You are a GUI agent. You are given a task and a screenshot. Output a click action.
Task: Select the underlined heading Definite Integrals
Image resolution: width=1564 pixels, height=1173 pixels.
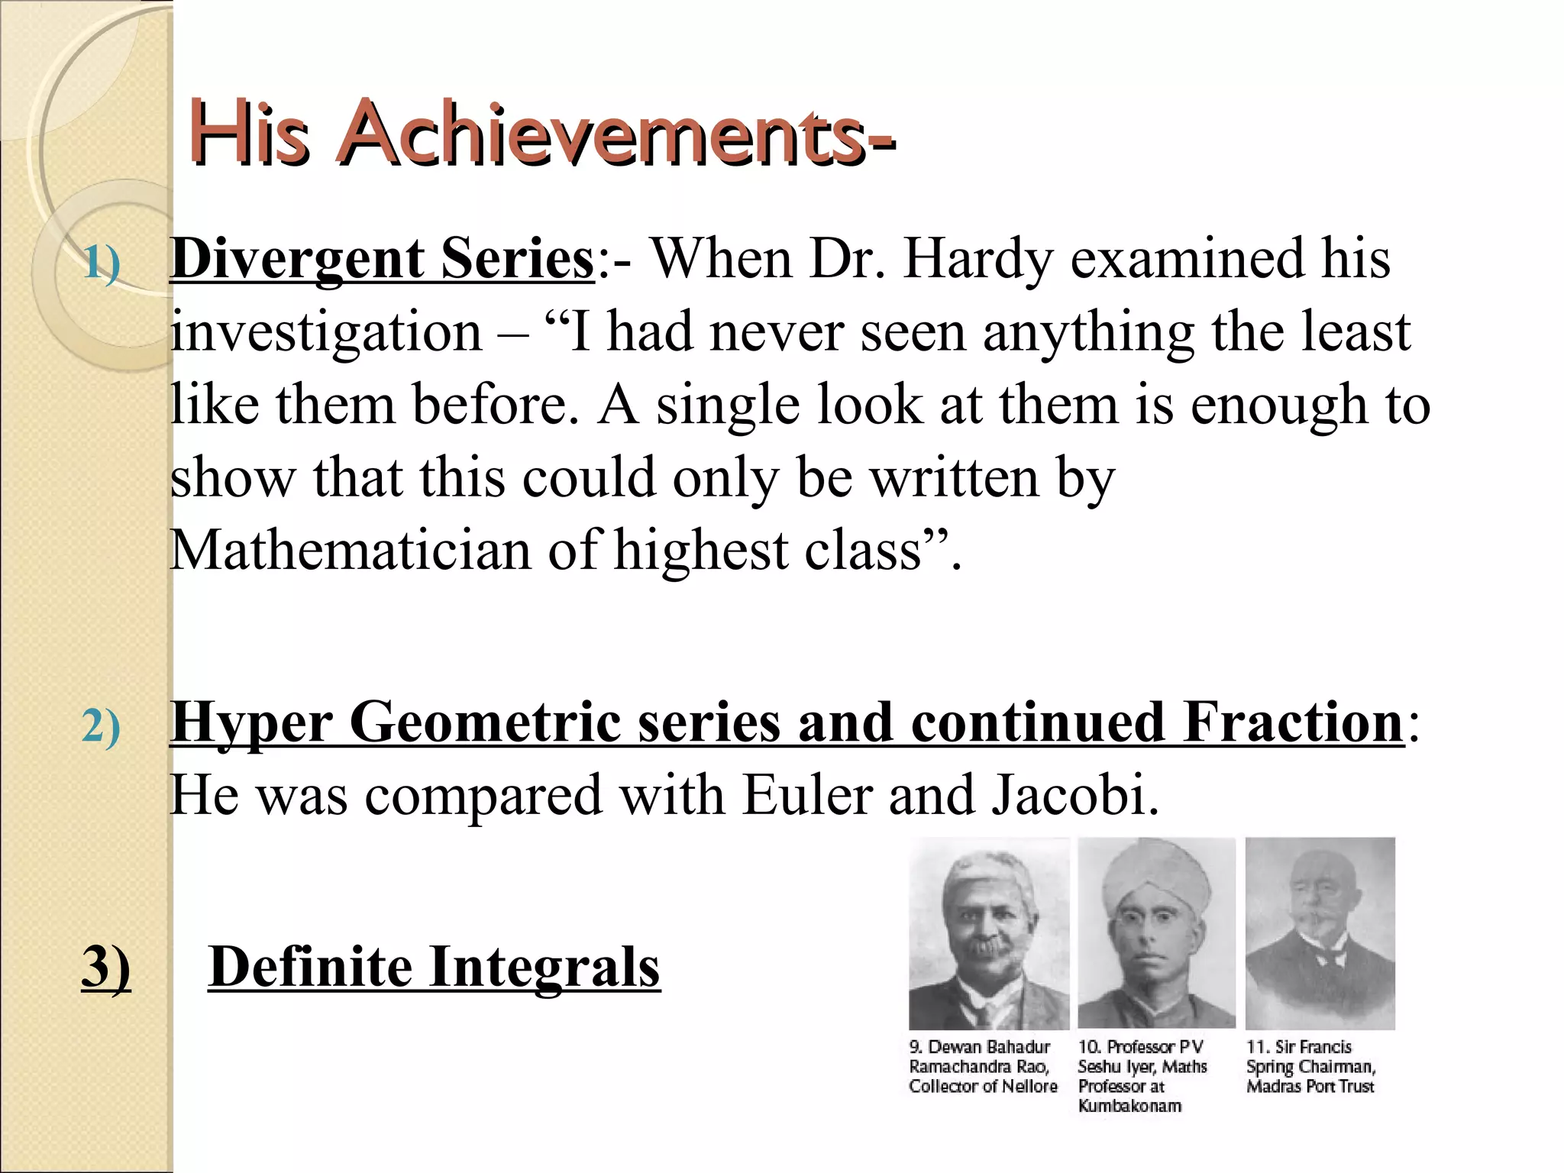tap(434, 968)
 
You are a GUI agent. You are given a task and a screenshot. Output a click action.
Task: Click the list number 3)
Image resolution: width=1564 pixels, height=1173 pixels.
tap(105, 968)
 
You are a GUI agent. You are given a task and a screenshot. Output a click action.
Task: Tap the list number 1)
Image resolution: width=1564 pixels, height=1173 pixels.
tap(101, 263)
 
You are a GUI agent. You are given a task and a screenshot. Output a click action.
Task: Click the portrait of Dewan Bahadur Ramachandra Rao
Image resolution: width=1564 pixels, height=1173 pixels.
tap(988, 933)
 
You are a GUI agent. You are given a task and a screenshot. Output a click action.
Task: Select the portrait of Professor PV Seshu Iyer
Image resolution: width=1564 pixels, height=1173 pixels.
tap(1156, 933)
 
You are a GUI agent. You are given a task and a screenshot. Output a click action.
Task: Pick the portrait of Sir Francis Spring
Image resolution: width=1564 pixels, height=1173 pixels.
tap(1320, 933)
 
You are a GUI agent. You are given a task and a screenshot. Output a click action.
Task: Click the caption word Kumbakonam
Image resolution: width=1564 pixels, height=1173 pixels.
tap(1129, 1106)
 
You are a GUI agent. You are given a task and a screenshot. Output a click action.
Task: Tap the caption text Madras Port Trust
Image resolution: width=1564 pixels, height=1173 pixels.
tap(1310, 1086)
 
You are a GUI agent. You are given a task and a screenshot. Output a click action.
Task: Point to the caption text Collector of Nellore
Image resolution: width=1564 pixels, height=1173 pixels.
tap(983, 1086)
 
